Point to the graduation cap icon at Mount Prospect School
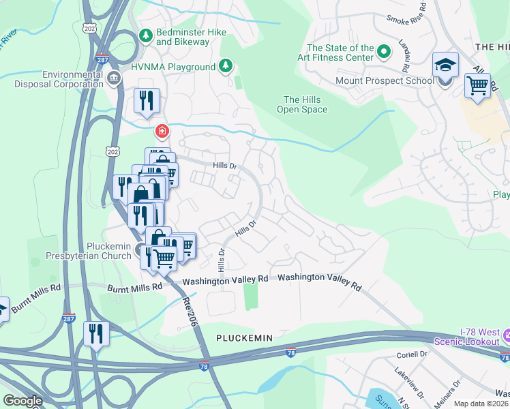click(445, 66)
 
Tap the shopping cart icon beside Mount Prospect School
click(477, 86)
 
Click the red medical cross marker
click(162, 130)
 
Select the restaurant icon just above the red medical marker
click(147, 101)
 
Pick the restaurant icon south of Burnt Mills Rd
click(95, 334)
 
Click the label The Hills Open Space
click(302, 104)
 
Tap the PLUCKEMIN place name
click(244, 338)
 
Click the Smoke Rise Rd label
click(406, 19)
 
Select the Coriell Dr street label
click(411, 355)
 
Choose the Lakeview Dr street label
click(409, 382)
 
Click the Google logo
click(22, 401)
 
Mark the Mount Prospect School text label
click(384, 80)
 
